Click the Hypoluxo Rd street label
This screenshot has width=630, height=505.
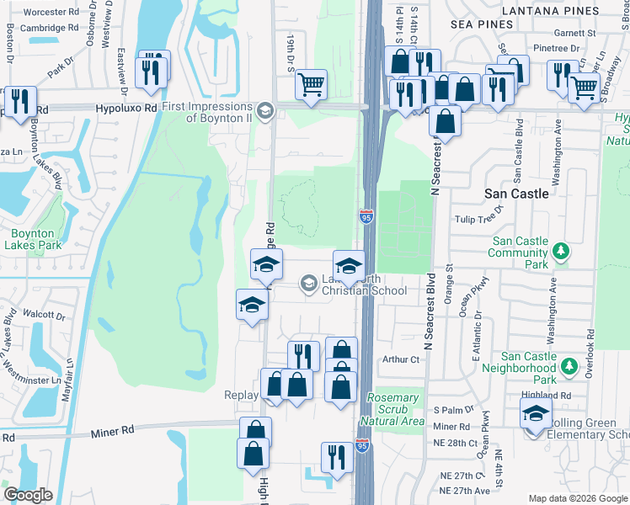pos(126,109)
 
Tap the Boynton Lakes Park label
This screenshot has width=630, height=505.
pos(33,240)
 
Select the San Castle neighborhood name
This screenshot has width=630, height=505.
pos(516,193)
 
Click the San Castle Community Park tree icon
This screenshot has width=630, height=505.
pos(559,252)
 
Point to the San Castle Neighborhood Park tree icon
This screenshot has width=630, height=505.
pos(569,368)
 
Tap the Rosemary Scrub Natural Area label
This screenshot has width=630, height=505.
pos(393,409)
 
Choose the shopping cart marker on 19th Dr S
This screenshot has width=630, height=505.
pos(312,84)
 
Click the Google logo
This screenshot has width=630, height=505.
pos(28,495)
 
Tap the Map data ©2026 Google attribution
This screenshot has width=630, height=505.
pos(577,498)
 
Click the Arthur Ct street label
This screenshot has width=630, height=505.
pos(400,359)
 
